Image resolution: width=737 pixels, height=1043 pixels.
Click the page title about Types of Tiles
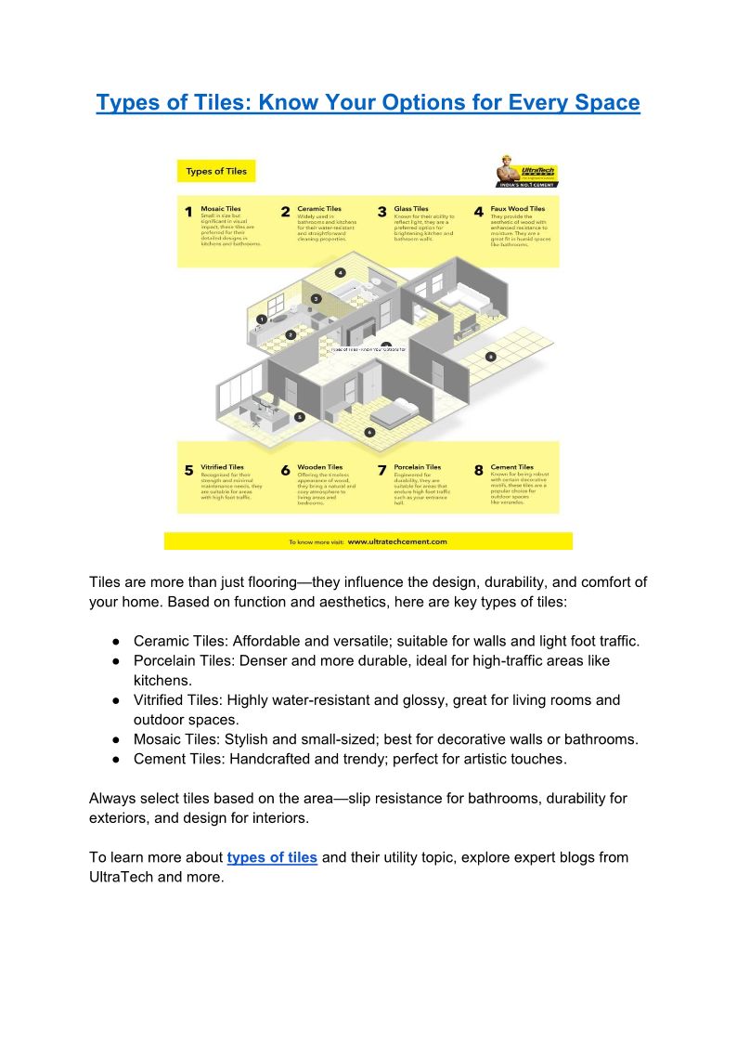point(368,101)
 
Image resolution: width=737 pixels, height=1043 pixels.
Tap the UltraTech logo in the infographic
point(526,173)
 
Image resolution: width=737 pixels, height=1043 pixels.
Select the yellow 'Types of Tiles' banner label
point(216,171)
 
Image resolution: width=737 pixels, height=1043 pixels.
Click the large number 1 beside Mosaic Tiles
point(188,213)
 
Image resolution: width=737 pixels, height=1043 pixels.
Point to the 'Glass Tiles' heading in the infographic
point(410,209)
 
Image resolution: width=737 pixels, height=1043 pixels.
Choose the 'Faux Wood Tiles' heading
point(518,209)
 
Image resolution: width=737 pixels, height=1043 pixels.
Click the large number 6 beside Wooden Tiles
point(286,471)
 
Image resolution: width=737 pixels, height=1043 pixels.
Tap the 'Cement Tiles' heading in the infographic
point(511,467)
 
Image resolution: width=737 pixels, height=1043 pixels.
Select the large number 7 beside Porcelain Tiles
point(381,471)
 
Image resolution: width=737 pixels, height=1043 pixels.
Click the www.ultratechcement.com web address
point(398,541)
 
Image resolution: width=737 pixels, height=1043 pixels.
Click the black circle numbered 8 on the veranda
point(491,357)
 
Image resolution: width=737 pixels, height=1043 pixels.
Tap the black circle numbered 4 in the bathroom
point(341,273)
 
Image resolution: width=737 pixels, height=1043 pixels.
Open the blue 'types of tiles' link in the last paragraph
point(272,857)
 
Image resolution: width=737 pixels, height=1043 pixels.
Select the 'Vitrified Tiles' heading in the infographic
point(222,467)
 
